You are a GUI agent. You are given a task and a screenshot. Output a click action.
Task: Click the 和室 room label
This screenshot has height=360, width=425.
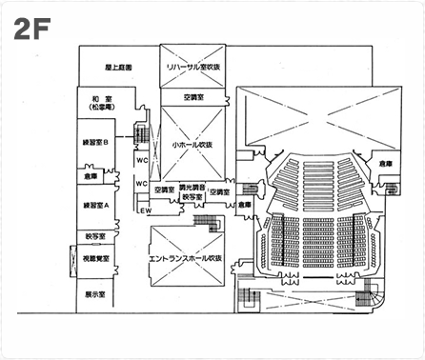pyautogui.click(x=96, y=98)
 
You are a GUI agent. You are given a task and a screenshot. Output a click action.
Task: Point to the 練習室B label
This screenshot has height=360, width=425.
pyautogui.click(x=96, y=142)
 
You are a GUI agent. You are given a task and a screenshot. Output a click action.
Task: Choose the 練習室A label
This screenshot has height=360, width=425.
pyautogui.click(x=96, y=206)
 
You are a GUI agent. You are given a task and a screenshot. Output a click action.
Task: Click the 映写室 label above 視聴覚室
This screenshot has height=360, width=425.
pyautogui.click(x=95, y=234)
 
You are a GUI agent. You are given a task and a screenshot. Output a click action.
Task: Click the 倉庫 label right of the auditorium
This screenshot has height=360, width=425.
pyautogui.click(x=385, y=165)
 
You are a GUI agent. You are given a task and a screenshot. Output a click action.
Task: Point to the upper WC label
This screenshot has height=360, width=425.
pyautogui.click(x=140, y=160)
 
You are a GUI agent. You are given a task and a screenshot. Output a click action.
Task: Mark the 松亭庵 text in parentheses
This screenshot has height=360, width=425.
pyautogui.click(x=96, y=109)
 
